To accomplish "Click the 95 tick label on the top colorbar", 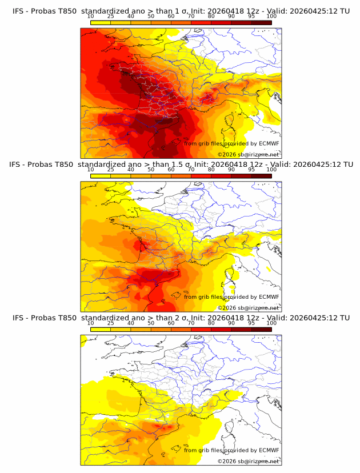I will pyautogui.click(x=251, y=16).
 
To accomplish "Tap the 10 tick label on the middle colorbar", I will pyautogui.click(x=91, y=170).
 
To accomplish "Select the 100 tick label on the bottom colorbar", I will pyautogui.click(x=271, y=323).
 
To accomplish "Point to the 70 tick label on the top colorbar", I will pyautogui.click(x=191, y=16).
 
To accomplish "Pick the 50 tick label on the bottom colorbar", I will pyautogui.click(x=151, y=323).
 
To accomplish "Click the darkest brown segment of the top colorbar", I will pyautogui.click(x=261, y=23).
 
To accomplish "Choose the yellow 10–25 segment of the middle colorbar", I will pyautogui.click(x=101, y=176).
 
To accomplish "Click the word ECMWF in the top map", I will pyautogui.click(x=269, y=143).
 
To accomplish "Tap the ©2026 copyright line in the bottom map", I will pyautogui.click(x=248, y=461).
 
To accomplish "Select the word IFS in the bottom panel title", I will pyautogui.click(x=19, y=318).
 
